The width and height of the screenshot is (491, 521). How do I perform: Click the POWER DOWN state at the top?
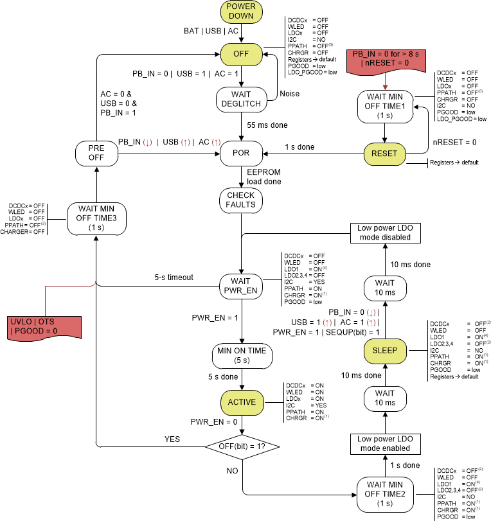(x=241, y=12)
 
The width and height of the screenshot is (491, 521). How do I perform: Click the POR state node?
(x=241, y=154)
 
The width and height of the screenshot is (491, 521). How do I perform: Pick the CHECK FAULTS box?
(x=241, y=199)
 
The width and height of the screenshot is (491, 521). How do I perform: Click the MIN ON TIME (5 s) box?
(x=241, y=355)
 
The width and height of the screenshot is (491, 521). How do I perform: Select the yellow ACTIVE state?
(x=241, y=402)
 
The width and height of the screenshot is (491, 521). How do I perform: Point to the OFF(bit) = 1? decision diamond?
(x=241, y=445)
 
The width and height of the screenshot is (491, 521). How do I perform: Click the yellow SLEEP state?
(x=384, y=350)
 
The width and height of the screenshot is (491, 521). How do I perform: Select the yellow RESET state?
(x=384, y=154)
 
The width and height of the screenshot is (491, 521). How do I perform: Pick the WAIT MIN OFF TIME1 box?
(x=384, y=105)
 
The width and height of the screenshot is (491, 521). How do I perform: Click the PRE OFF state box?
(x=95, y=154)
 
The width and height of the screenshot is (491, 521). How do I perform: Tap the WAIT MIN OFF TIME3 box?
(x=95, y=218)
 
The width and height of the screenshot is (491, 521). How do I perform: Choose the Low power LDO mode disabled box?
(x=384, y=233)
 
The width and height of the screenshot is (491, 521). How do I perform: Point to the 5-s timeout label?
(x=174, y=278)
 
